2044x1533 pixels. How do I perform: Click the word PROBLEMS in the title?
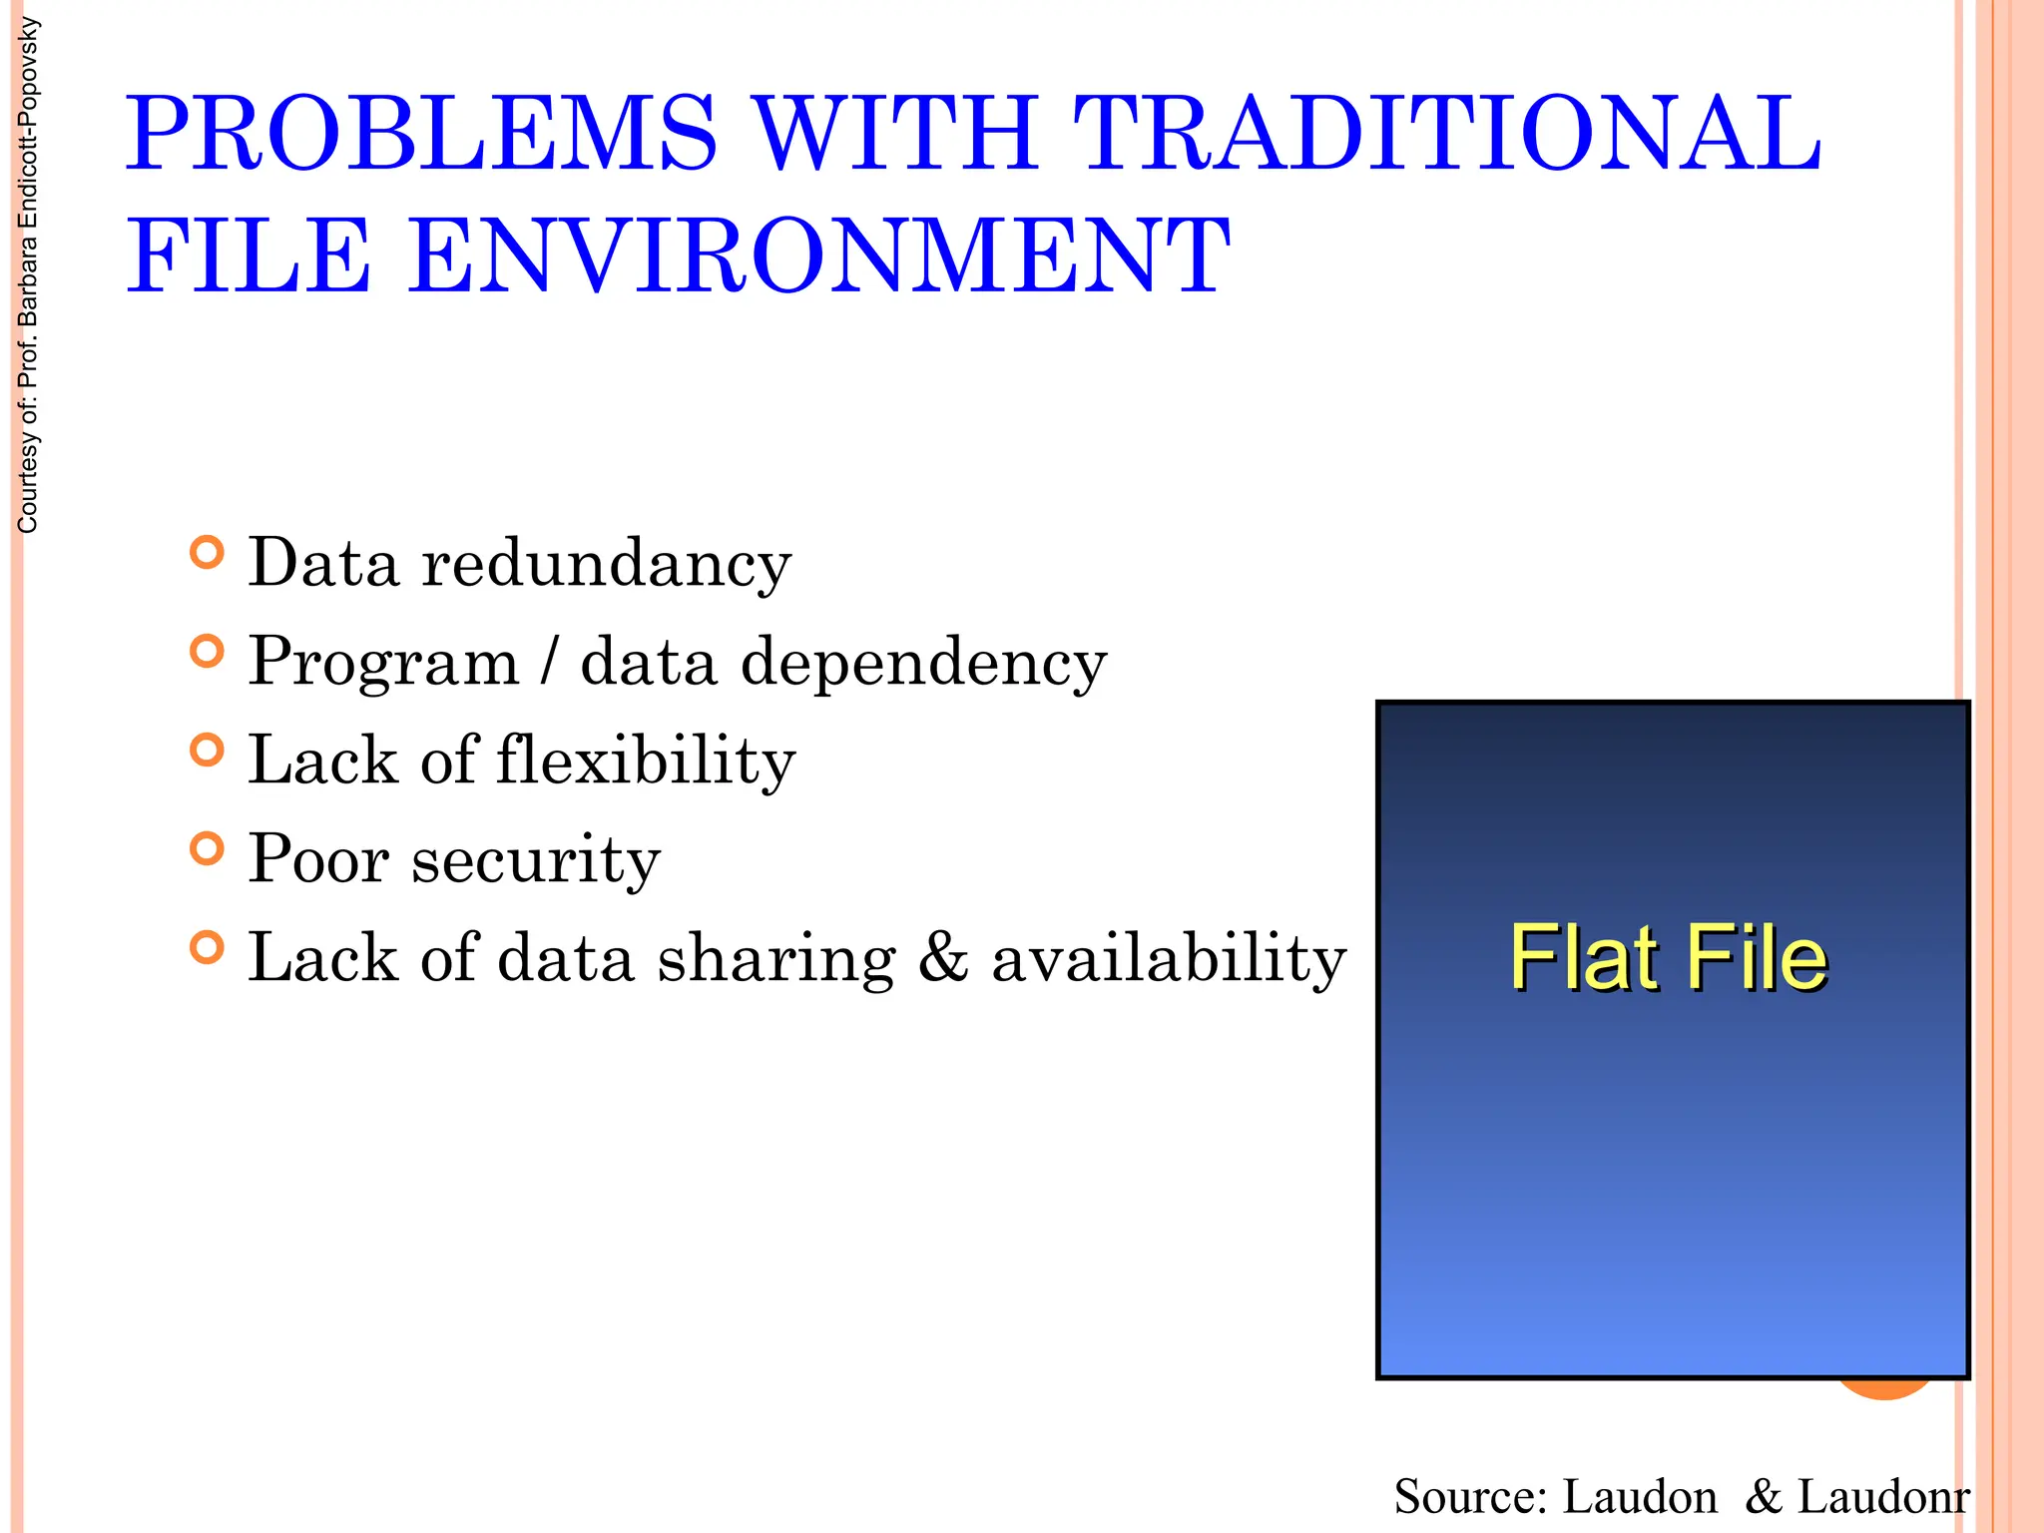420,134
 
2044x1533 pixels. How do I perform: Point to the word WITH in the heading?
895,134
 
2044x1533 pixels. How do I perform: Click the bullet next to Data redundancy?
207,553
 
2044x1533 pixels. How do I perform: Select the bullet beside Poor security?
207,849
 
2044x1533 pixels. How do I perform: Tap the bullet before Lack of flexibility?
207,751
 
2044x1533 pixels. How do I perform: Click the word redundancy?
607,565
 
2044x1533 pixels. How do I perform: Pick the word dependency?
923,664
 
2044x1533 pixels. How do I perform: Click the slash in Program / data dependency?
549,662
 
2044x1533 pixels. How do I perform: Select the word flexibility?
646,762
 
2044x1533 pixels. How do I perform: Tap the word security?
536,860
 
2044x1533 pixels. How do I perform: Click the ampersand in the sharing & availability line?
943,958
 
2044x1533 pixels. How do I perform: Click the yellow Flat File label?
1668,958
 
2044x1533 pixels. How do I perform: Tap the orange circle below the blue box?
1884,1390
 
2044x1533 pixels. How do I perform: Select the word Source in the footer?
1470,1497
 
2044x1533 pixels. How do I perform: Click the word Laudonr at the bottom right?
1883,1497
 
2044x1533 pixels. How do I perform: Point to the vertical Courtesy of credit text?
28,275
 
